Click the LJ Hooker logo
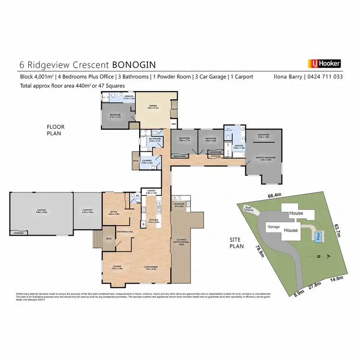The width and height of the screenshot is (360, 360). (x=324, y=63)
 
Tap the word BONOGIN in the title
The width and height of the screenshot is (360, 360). (x=134, y=64)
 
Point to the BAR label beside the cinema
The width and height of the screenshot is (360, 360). (x=174, y=124)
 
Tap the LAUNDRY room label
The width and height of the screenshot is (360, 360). (x=147, y=161)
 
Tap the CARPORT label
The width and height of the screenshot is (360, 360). (x=87, y=210)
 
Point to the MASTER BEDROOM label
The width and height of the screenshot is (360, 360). (x=265, y=158)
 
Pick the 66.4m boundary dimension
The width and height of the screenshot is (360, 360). (x=275, y=196)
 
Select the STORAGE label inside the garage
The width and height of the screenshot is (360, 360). (x=18, y=233)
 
